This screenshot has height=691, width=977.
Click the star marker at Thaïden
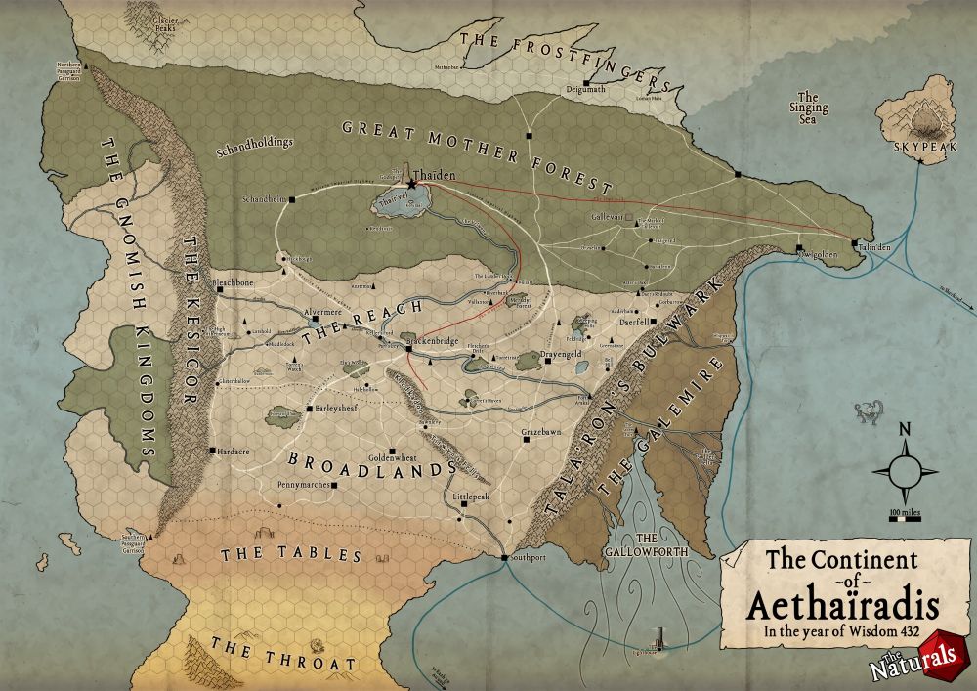coord(412,184)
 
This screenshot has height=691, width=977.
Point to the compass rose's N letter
coord(905,429)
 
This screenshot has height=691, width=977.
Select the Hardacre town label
coord(232,451)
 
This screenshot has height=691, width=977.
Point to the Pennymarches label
coord(303,484)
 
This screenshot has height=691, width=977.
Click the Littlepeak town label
coord(471,497)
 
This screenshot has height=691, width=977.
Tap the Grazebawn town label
coord(541,431)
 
